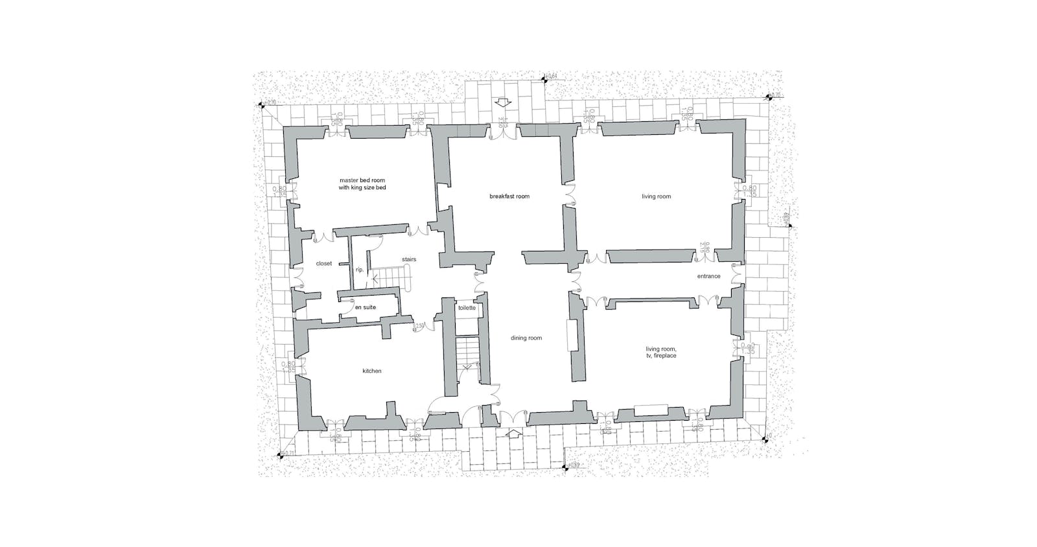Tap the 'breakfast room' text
[509, 196]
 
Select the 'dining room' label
[526, 338]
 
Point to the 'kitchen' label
[372, 371]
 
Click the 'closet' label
[323, 264]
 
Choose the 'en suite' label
[365, 308]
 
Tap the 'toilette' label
[467, 308]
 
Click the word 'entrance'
[708, 276]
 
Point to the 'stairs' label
[408, 259]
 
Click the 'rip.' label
[360, 270]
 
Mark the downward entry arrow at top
[502, 102]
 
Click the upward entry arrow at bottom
[513, 433]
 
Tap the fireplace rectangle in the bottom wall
[651, 409]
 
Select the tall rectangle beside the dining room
[574, 336]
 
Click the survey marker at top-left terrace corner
[262, 104]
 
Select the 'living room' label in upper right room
[657, 196]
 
